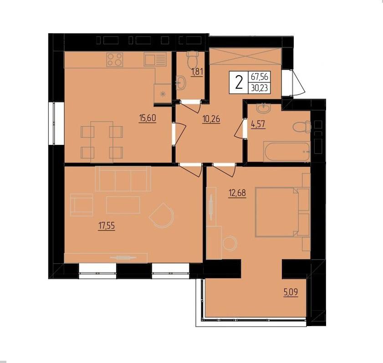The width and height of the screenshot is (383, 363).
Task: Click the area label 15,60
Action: (x=147, y=118)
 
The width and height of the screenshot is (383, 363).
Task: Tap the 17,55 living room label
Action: (x=106, y=226)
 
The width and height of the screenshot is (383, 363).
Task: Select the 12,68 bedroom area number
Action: (x=237, y=193)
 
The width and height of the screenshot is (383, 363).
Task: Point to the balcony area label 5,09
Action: (x=291, y=292)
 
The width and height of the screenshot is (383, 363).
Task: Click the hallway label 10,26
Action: (x=211, y=119)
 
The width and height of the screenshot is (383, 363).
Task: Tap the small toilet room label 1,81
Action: (x=197, y=72)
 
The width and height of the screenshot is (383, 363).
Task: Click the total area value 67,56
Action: (x=260, y=77)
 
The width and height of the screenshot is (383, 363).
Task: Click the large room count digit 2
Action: (x=239, y=82)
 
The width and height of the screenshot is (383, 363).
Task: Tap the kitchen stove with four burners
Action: (x=115, y=60)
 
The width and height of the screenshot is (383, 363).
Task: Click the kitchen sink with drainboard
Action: (x=155, y=59)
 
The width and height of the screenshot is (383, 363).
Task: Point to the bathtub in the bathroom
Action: (x=286, y=152)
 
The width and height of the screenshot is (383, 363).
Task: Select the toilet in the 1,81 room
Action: (x=193, y=59)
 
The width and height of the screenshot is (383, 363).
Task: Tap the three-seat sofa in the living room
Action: (x=123, y=179)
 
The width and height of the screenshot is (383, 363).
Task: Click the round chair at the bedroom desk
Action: (x=230, y=243)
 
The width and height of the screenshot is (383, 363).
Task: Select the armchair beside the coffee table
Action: (x=82, y=205)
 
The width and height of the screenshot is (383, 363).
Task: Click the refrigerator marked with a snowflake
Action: (x=163, y=93)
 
